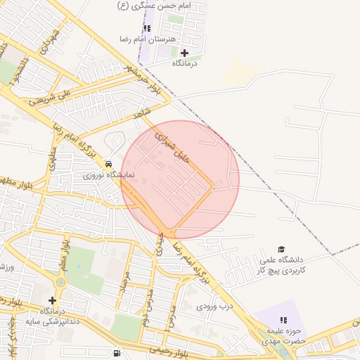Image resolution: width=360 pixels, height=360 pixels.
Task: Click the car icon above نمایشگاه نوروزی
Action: [x=108, y=163]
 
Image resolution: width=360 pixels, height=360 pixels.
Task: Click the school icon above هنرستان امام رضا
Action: [x=147, y=28]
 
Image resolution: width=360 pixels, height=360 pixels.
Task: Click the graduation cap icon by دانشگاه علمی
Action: [x=281, y=249]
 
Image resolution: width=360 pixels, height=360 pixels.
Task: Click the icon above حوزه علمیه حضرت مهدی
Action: [x=282, y=319]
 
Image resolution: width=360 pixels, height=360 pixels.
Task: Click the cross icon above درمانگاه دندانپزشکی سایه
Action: [x=52, y=300]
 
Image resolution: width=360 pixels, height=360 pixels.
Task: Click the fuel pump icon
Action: [x=116, y=353]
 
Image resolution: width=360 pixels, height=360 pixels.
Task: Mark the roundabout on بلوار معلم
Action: [x=60, y=282]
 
